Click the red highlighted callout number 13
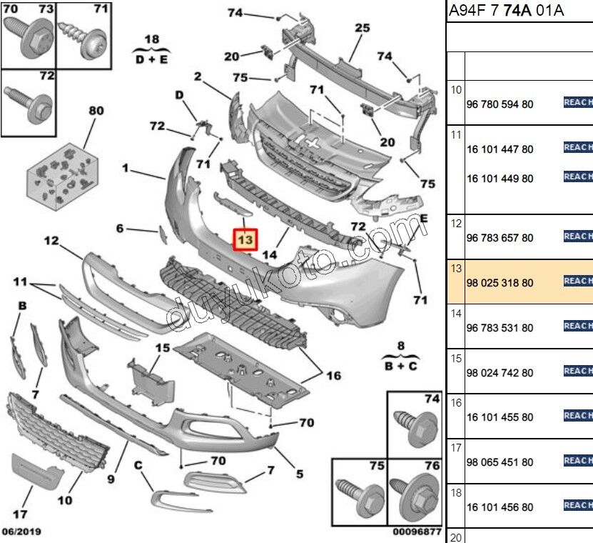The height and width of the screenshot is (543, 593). pyautogui.click(x=245, y=240)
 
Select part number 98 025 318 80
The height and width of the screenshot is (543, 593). pyautogui.click(x=500, y=283)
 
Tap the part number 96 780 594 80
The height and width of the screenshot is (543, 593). pyautogui.click(x=500, y=104)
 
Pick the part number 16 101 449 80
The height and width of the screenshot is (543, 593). pyautogui.click(x=500, y=179)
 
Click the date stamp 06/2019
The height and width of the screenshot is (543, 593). pyautogui.click(x=21, y=532)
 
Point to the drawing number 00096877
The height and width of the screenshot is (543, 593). pyautogui.click(x=416, y=532)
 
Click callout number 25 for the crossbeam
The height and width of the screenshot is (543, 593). pyautogui.click(x=362, y=29)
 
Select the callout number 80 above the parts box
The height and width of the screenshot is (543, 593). pyautogui.click(x=96, y=111)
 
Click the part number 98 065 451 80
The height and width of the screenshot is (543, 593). pyautogui.click(x=500, y=462)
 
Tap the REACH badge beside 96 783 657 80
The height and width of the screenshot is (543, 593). pyautogui.click(x=578, y=236)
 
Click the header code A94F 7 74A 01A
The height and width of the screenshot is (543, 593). pyautogui.click(x=506, y=11)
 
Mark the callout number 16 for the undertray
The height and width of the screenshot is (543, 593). pyautogui.click(x=333, y=376)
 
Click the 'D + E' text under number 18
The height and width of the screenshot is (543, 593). pyautogui.click(x=151, y=60)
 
